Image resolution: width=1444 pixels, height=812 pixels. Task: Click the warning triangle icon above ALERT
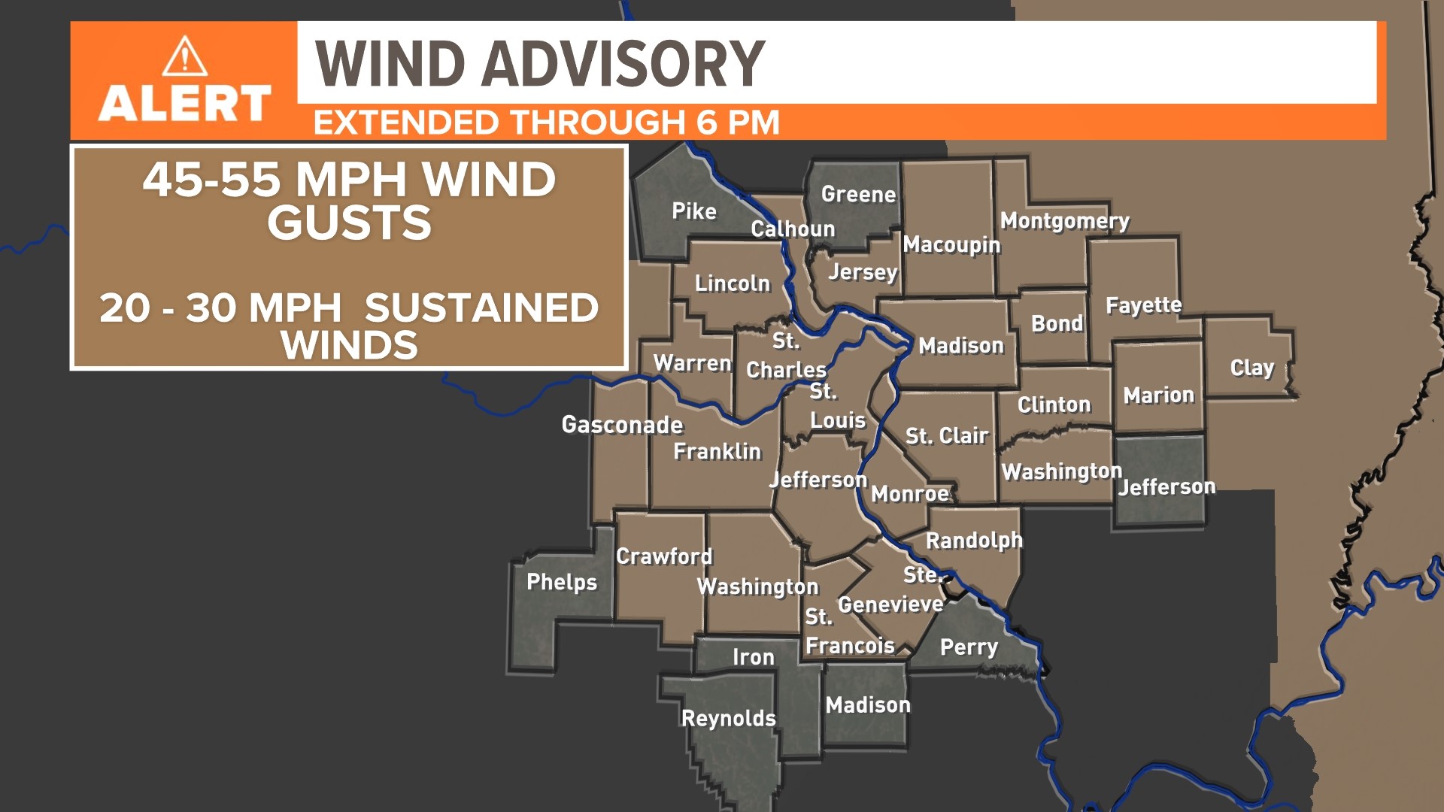pyautogui.click(x=184, y=57)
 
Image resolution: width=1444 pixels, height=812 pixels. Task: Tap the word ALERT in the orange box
pyautogui.click(x=184, y=103)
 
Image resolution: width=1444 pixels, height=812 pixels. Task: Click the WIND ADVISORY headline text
pyautogui.click(x=539, y=64)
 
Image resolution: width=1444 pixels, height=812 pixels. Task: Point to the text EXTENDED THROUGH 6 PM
pyautogui.click(x=546, y=123)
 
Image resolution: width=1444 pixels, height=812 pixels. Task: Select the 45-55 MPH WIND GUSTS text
pyautogui.click(x=349, y=201)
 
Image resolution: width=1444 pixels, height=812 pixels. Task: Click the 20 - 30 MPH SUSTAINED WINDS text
pyautogui.click(x=349, y=326)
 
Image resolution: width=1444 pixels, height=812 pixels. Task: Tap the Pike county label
pyautogui.click(x=693, y=211)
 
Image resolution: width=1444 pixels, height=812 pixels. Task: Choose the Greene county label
pyautogui.click(x=858, y=194)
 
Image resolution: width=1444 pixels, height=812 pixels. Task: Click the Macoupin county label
pyautogui.click(x=951, y=244)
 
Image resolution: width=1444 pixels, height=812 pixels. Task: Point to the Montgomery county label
pyautogui.click(x=1064, y=221)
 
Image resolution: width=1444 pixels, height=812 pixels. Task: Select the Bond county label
pyautogui.click(x=1057, y=323)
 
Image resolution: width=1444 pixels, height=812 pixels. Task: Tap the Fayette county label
pyautogui.click(x=1143, y=305)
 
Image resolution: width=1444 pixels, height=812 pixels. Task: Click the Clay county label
pyautogui.click(x=1251, y=368)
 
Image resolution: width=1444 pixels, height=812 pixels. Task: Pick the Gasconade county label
pyautogui.click(x=622, y=425)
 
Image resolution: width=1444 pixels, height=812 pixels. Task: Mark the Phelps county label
pyautogui.click(x=561, y=582)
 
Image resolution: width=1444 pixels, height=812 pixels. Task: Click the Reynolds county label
pyautogui.click(x=728, y=718)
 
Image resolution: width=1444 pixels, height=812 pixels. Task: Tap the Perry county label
pyautogui.click(x=969, y=647)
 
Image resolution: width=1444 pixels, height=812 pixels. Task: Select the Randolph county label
pyautogui.click(x=974, y=541)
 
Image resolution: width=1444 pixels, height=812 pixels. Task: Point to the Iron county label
pyautogui.click(x=753, y=657)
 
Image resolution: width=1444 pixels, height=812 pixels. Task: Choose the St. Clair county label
pyautogui.click(x=946, y=436)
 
